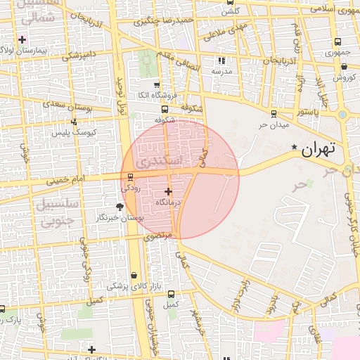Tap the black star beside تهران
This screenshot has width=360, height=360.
tap(294, 146)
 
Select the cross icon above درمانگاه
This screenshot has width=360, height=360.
tap(167, 191)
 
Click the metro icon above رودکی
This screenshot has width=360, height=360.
tap(130, 177)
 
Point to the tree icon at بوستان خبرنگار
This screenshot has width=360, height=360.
tap(119, 206)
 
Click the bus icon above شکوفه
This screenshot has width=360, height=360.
tap(165, 110)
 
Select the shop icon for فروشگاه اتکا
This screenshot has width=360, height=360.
tap(157, 84)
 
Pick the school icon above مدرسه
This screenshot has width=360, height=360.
tap(222, 61)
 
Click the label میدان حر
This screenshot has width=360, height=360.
tap(255, 124)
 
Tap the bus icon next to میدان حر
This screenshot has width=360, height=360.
tap(274, 113)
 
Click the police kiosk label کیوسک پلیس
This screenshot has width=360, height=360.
tap(97, 132)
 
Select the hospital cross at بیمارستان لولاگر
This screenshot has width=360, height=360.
tap(22, 39)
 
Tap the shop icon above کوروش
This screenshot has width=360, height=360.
tap(344, 67)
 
